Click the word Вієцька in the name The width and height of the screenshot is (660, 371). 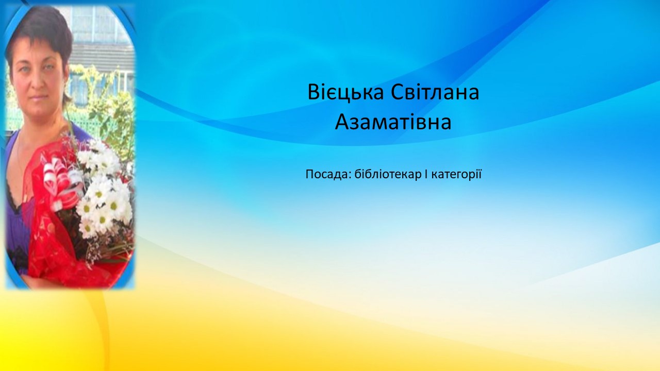345,93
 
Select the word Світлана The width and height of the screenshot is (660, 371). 435,92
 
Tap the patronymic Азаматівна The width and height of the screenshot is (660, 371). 393,122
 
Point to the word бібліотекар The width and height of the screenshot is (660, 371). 388,174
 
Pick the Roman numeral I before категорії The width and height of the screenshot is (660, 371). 426,174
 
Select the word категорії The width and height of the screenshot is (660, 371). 456,175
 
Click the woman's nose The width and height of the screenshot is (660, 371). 38,82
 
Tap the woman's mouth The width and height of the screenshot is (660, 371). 39,97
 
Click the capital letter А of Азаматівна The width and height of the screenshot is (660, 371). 342,122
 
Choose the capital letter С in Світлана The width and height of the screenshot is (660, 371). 398,93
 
